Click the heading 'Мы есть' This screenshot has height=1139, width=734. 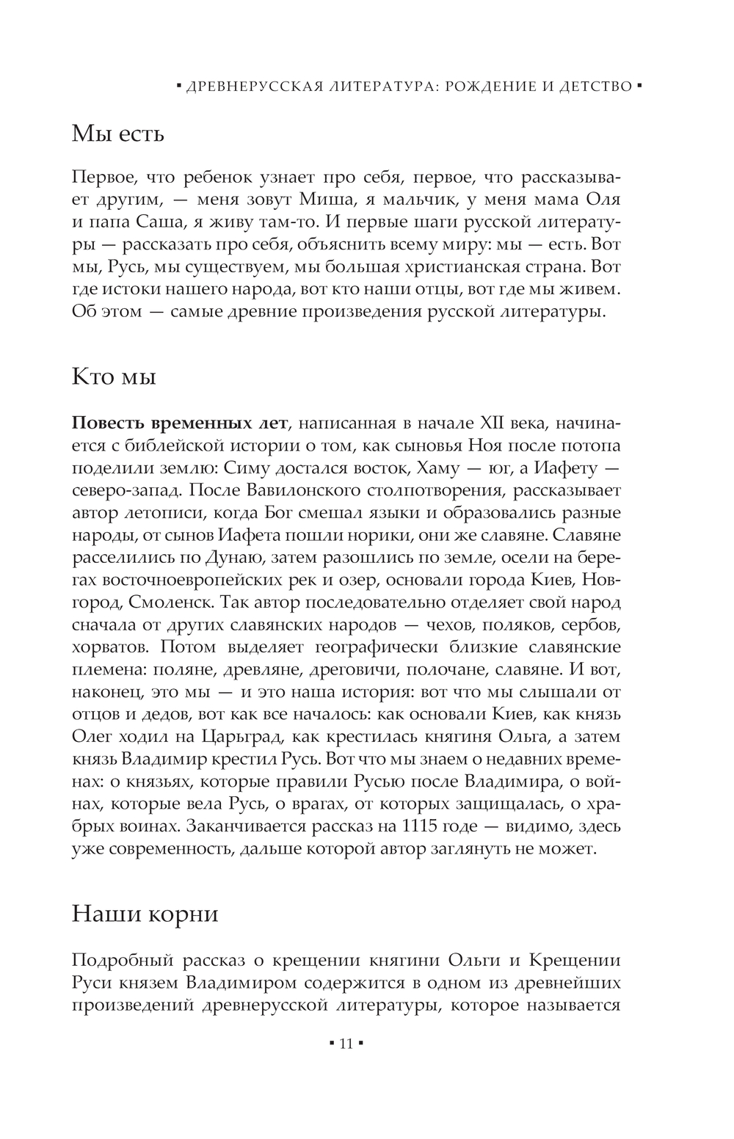click(x=118, y=134)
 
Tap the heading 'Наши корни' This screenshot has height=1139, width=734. click(x=145, y=914)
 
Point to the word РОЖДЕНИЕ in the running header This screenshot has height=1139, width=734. click(x=493, y=87)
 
